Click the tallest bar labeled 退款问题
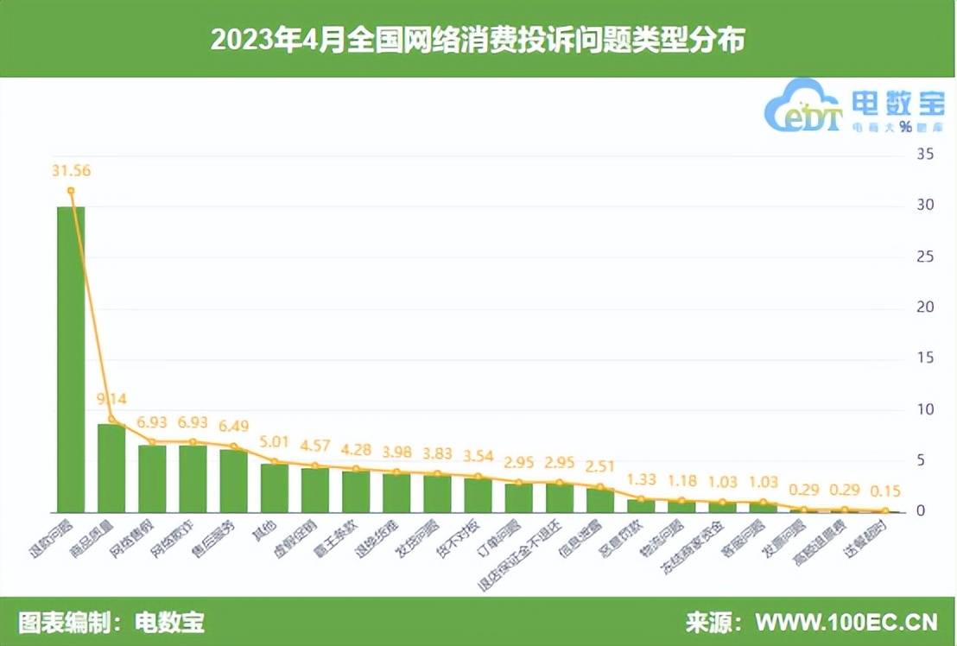tap(71, 358)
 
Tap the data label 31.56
tap(71, 170)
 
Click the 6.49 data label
tap(234, 427)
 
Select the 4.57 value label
tap(315, 446)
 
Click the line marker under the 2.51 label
tap(600, 487)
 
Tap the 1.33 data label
tap(641, 479)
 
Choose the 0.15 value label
tap(885, 491)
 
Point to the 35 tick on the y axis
tap(925, 155)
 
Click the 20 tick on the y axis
tap(925, 307)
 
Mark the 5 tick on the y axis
tap(925, 460)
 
